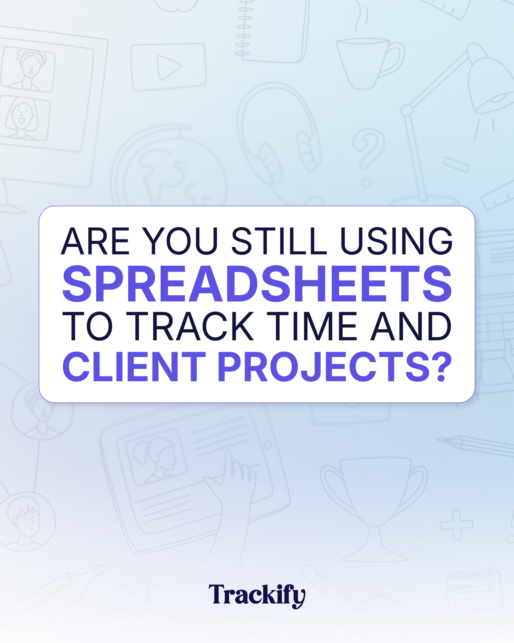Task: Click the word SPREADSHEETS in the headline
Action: point(257,284)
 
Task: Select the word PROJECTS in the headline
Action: point(324,366)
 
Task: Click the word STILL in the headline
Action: point(279,241)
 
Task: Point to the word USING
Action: point(396,241)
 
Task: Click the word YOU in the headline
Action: point(180,241)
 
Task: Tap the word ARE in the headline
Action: point(95,241)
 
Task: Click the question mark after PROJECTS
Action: point(442,366)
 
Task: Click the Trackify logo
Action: point(257,596)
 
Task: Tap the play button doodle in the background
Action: point(169,67)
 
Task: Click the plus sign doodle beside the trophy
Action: point(456,525)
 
